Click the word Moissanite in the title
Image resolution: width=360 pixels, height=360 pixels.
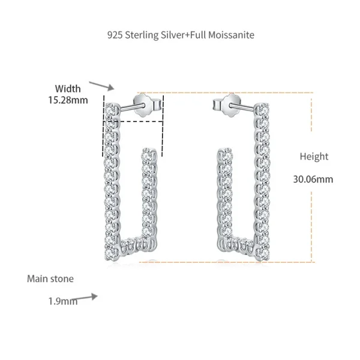coord(231,35)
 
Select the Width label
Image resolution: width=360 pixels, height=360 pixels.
coord(68,89)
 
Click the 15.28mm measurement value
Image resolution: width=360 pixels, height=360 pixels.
coord(68,100)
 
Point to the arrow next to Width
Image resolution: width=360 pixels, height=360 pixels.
coord(101,86)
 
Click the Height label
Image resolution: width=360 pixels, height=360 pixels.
coord(314,157)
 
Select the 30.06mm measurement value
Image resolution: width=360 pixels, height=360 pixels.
coord(313,179)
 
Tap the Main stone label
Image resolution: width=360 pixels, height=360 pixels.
coord(50,279)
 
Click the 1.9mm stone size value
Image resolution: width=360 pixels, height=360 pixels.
coord(62,301)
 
